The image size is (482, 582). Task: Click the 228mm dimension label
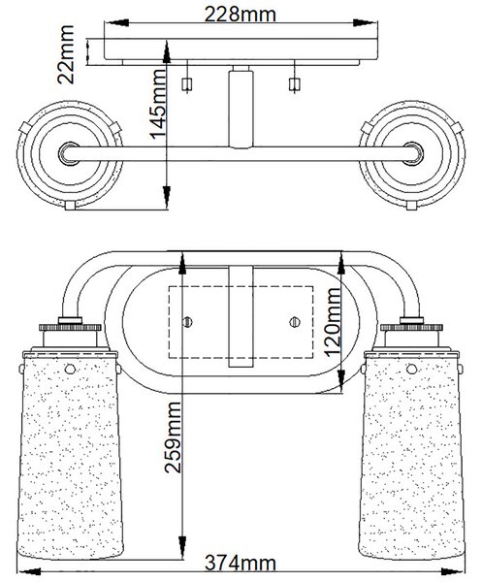[x=241, y=15]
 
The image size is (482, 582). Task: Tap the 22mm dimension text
[x=66, y=54]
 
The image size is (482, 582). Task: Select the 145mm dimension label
[x=158, y=103]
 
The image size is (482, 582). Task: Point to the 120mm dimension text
[x=332, y=321]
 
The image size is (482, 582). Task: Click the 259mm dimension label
[x=173, y=437]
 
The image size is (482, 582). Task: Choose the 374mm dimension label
[x=241, y=563]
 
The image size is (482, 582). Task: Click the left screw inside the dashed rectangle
[x=188, y=321]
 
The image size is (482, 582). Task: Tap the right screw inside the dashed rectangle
[x=295, y=321]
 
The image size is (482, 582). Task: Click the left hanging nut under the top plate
[x=187, y=84]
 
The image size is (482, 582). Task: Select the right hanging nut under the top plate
[x=294, y=84]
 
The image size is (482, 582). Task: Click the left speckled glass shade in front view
[x=70, y=455]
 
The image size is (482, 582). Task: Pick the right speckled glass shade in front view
[x=411, y=455]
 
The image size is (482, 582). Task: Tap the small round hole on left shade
[x=70, y=369]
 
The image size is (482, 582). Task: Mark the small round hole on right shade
[x=411, y=369]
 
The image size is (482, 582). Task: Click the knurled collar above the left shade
[x=70, y=328]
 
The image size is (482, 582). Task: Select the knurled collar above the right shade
[x=411, y=328]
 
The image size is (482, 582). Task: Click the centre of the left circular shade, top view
[x=69, y=153]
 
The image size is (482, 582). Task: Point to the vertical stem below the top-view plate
[x=241, y=107]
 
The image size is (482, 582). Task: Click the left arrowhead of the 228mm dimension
[x=117, y=22]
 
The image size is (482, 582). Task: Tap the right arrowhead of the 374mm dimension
[x=453, y=571]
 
